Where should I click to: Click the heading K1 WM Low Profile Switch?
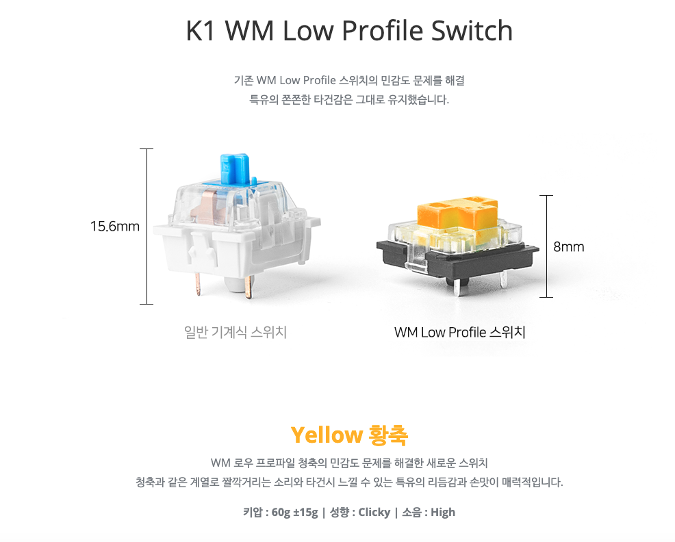349,31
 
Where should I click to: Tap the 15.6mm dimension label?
114,226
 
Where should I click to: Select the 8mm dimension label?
569,246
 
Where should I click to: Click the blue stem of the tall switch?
233,170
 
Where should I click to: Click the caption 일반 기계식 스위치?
235,333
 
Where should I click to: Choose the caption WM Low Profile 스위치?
459,333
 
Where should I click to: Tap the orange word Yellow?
327,435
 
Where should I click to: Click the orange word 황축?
388,435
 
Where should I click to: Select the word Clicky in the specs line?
374,512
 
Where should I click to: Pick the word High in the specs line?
443,512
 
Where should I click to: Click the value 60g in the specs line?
281,512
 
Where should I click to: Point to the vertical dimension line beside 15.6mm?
147,226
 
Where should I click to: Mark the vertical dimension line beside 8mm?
546,246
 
